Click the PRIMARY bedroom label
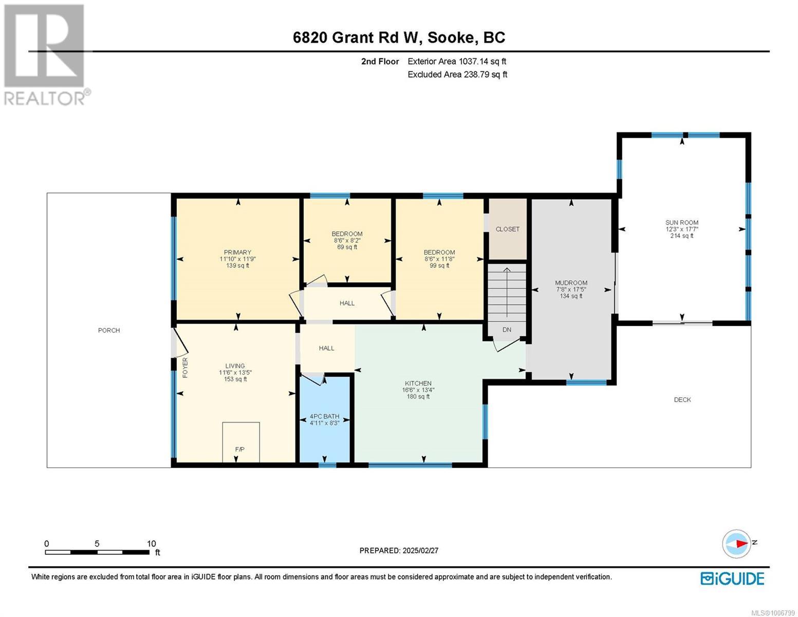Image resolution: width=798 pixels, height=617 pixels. pos(237,252)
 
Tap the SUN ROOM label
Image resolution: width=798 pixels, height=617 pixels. pos(682,223)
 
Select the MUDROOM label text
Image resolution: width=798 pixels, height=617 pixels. pos(571,283)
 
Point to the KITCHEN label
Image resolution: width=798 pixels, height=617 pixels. pos(418,383)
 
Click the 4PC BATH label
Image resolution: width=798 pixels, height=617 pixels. pos(324,416)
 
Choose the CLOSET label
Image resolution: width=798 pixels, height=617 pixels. pos(507,229)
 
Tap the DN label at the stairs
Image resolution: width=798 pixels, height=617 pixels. pos(507,330)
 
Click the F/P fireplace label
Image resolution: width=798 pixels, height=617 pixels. pos(240,449)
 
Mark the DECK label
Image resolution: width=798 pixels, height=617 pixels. pos(682,400)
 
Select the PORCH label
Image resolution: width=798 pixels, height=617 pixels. pos(109,330)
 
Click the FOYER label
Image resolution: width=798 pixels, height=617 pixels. pos(185,368)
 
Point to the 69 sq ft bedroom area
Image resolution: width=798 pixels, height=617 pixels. pos(347,247)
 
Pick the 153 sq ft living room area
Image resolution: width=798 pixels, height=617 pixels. pos(235,379)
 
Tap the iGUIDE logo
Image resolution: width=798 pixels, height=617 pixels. pos(732,578)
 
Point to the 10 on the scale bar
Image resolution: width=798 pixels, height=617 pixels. pos(151,543)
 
